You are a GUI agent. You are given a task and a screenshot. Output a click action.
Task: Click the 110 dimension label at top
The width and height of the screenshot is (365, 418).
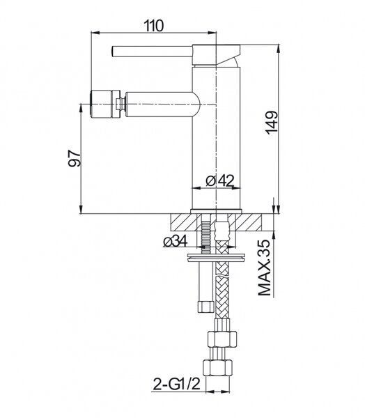tap(153, 26)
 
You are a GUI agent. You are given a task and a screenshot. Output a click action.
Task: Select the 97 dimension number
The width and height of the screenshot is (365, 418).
tap(75, 158)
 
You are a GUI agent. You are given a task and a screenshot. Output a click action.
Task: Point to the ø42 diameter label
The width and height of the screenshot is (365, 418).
tap(220, 180)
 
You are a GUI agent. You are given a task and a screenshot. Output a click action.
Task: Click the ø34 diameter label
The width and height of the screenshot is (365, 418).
tap(175, 241)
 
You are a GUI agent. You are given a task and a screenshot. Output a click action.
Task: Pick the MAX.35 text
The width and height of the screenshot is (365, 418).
tap(264, 268)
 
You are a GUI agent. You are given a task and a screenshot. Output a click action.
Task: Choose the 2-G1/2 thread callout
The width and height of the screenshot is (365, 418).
tap(176, 384)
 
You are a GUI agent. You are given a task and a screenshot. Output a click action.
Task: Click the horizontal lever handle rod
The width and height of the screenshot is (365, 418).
tap(152, 51)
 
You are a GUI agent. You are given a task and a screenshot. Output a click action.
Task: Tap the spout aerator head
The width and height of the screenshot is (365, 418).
tap(104, 104)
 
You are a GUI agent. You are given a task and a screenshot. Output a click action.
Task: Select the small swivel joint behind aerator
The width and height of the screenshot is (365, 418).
tap(121, 104)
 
